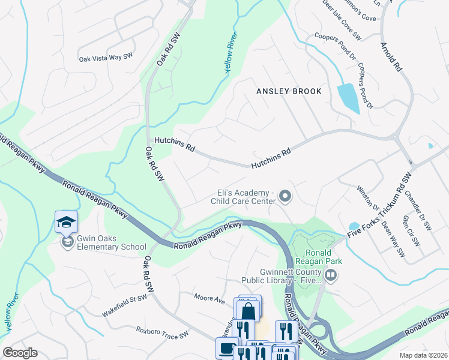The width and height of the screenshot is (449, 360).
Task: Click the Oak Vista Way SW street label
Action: click(x=105, y=58)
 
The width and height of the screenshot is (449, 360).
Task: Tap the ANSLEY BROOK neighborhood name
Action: click(x=289, y=91)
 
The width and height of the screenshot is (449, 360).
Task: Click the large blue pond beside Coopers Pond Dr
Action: click(x=348, y=98)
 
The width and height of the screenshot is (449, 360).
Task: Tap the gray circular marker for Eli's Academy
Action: click(x=286, y=196)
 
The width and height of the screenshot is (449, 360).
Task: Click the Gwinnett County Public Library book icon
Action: click(x=330, y=275)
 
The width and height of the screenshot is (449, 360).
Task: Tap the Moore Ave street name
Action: click(x=209, y=297)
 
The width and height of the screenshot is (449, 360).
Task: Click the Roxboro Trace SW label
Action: click(x=162, y=332)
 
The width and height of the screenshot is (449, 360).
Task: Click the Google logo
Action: click(x=20, y=353)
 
